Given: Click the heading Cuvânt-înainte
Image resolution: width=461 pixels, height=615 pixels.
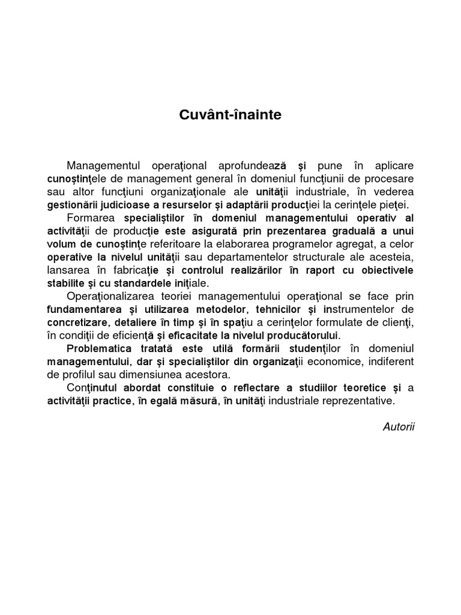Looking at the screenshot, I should tap(230, 115).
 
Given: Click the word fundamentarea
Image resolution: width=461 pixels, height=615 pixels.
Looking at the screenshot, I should tap(86, 309).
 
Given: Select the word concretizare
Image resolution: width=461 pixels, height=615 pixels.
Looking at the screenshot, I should tap(77, 323).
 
